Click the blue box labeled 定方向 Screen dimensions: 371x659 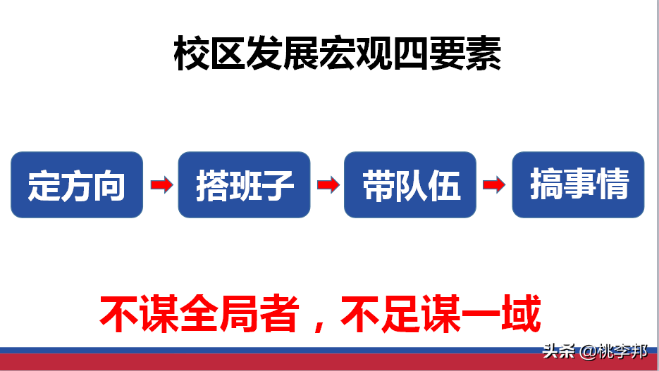point(77,185)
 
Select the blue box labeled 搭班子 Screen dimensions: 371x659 point(244,185)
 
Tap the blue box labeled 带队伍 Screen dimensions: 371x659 point(410,185)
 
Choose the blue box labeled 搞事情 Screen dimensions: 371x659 point(578,185)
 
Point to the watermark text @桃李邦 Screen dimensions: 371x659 point(613,351)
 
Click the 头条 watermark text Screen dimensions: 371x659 point(558,351)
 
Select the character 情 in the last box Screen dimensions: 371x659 point(611,185)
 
